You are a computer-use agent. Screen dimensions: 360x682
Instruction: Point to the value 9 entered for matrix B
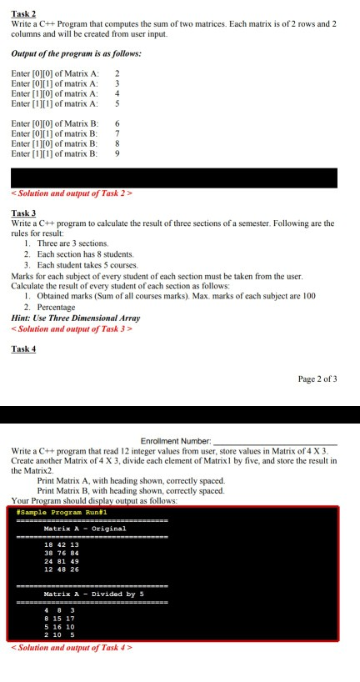pos(117,155)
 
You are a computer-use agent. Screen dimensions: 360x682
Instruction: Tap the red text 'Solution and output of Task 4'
pos(72,647)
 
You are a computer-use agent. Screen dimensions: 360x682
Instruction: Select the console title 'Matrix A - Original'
pos(85,529)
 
